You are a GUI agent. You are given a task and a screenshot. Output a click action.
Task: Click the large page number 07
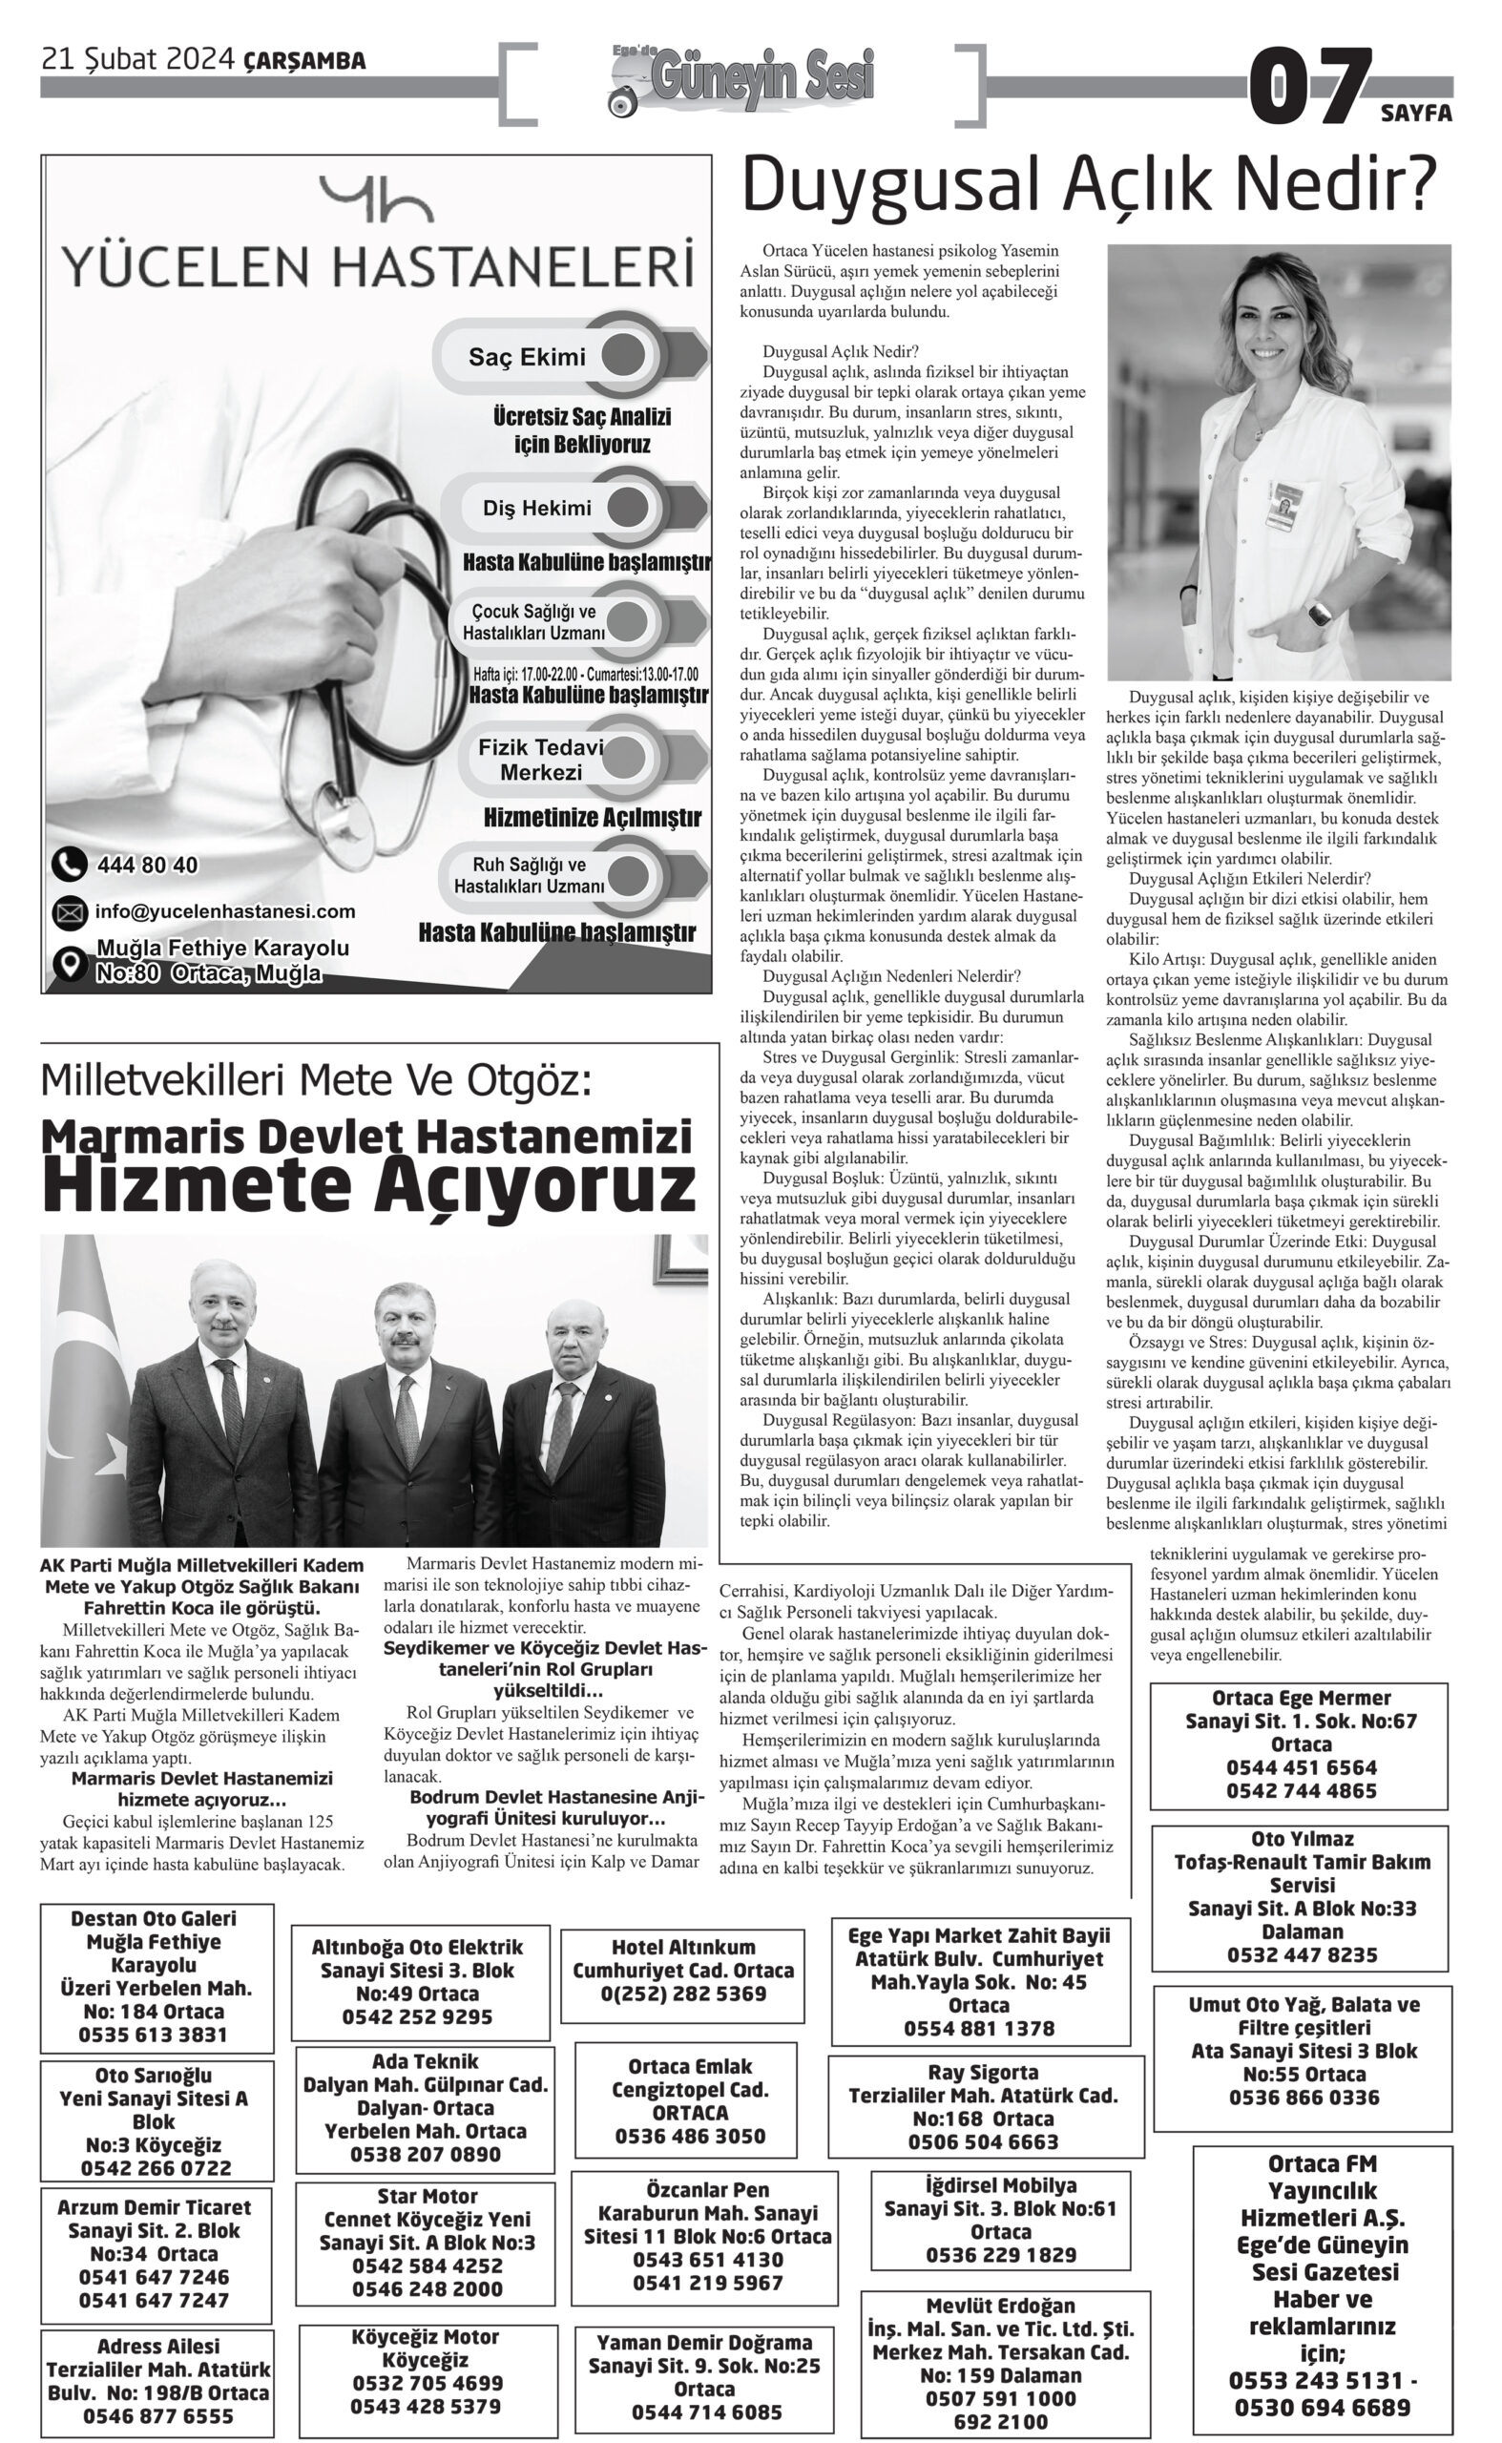tap(1308, 88)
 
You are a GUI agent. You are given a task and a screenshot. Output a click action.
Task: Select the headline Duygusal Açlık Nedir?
tap(1089, 186)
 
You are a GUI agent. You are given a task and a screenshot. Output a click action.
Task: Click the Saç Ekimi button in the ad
tap(528, 357)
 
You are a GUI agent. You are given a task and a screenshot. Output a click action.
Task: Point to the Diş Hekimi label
tap(536, 509)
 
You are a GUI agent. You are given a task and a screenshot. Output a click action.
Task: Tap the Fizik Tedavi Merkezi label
tap(540, 760)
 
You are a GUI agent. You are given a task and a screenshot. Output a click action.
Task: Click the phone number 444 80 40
tap(147, 866)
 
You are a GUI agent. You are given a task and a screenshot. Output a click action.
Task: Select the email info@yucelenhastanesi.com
tap(224, 911)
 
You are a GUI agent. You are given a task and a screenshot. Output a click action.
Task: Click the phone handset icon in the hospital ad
tap(68, 865)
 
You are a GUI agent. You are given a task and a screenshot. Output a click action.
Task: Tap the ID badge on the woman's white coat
tap(1284, 506)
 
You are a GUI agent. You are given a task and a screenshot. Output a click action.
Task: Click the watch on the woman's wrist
tap(1319, 614)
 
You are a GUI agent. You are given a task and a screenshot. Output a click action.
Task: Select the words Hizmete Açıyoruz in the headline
tap(368, 1185)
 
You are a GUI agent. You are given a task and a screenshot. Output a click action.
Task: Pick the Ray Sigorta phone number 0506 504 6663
tap(983, 2141)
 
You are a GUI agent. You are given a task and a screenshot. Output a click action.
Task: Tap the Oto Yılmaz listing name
tap(1302, 1839)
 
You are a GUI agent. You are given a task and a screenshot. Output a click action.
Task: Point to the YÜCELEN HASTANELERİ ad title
tap(377, 267)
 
